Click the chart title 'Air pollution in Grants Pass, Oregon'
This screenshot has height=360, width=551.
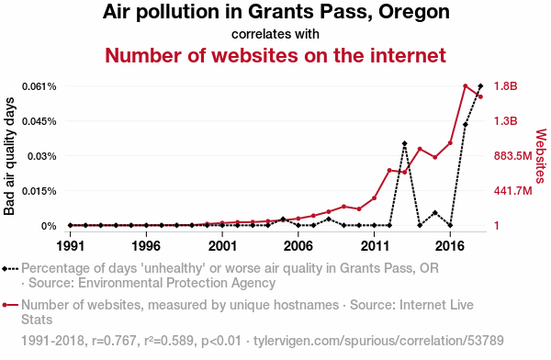point(275,12)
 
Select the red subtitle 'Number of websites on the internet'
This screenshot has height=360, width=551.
point(275,55)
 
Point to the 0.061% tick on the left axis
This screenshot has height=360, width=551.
point(39,86)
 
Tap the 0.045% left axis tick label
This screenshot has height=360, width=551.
point(39,121)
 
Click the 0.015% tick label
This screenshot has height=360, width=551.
point(39,191)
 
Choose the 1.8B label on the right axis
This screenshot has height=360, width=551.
point(506,86)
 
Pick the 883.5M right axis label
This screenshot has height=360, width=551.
point(513,156)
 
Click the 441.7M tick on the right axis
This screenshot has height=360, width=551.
point(513,191)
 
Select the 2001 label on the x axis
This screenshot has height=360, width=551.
point(222,246)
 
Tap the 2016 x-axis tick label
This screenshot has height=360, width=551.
point(450,246)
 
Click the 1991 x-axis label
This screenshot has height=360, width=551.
point(71,246)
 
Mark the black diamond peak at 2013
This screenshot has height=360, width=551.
point(405,143)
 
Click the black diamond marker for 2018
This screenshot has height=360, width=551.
point(480,85)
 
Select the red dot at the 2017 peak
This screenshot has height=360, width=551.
point(466,85)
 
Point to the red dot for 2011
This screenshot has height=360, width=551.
point(375,198)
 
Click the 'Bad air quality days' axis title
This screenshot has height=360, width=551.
point(9,156)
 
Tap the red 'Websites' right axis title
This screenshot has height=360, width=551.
point(541,156)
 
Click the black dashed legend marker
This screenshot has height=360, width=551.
point(10,269)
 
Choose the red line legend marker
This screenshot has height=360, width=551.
point(10,305)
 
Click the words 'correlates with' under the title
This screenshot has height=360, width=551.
point(275,35)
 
